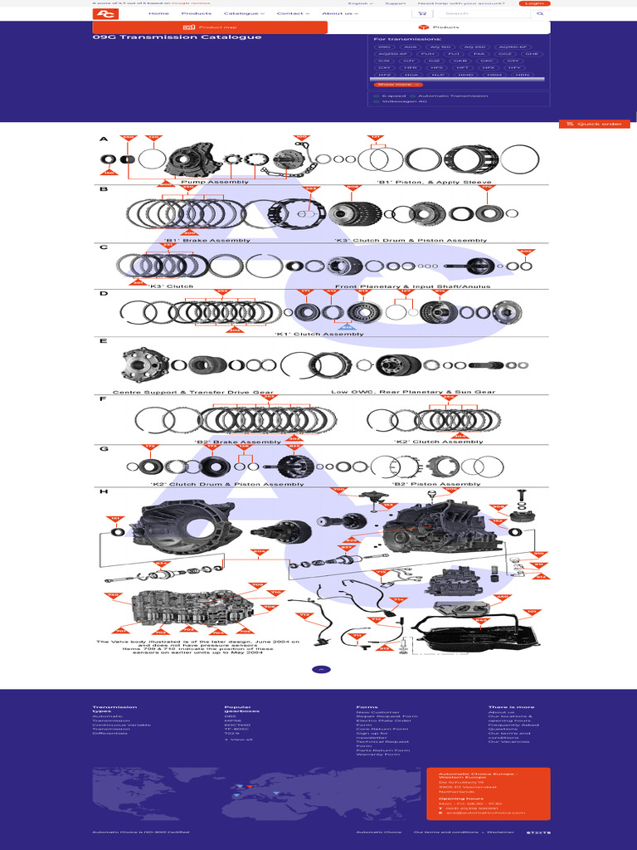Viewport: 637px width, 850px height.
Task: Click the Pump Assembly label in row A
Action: point(214,182)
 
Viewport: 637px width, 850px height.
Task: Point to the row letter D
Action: point(104,294)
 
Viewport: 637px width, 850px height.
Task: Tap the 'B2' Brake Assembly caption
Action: point(237,442)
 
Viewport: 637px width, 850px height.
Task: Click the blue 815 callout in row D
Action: point(348,328)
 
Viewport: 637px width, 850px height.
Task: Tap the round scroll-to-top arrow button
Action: point(321,669)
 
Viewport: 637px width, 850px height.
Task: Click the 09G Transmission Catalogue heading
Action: point(177,37)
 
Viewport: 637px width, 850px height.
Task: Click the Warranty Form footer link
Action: point(377,755)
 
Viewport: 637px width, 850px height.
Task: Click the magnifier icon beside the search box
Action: point(540,14)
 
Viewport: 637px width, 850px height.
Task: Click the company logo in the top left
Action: point(105,14)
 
